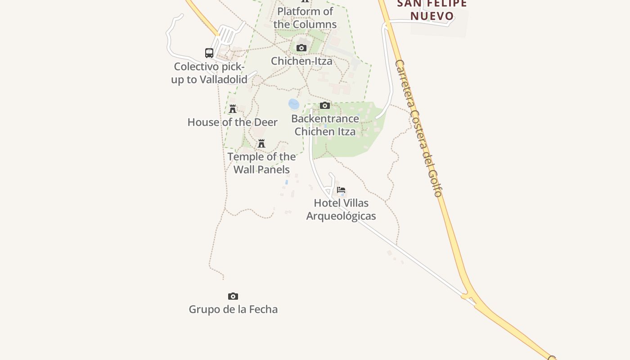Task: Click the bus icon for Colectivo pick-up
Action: pyautogui.click(x=209, y=53)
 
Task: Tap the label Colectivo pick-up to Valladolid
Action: pyautogui.click(x=209, y=73)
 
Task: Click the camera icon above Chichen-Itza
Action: pyautogui.click(x=301, y=48)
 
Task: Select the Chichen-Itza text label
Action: pyautogui.click(x=301, y=61)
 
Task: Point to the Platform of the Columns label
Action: pyautogui.click(x=305, y=18)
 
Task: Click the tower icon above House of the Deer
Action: pyautogui.click(x=233, y=109)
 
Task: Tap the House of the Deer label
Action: pyautogui.click(x=232, y=122)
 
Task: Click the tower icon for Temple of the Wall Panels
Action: pyautogui.click(x=261, y=144)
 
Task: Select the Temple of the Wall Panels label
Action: pyautogui.click(x=261, y=163)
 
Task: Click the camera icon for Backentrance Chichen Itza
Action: pyautogui.click(x=325, y=105)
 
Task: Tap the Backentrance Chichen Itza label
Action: pyautogui.click(x=325, y=125)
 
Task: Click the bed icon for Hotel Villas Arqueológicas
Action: pyautogui.click(x=341, y=190)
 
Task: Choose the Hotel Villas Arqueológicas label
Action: pyautogui.click(x=341, y=209)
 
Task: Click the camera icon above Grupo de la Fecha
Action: pyautogui.click(x=233, y=296)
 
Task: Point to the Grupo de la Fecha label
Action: pyautogui.click(x=233, y=309)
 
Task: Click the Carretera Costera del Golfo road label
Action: pyautogui.click(x=418, y=128)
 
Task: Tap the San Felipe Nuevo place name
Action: pyautogui.click(x=432, y=10)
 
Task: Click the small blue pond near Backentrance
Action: pyautogui.click(x=293, y=104)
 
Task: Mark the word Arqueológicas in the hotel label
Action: pyautogui.click(x=341, y=216)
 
